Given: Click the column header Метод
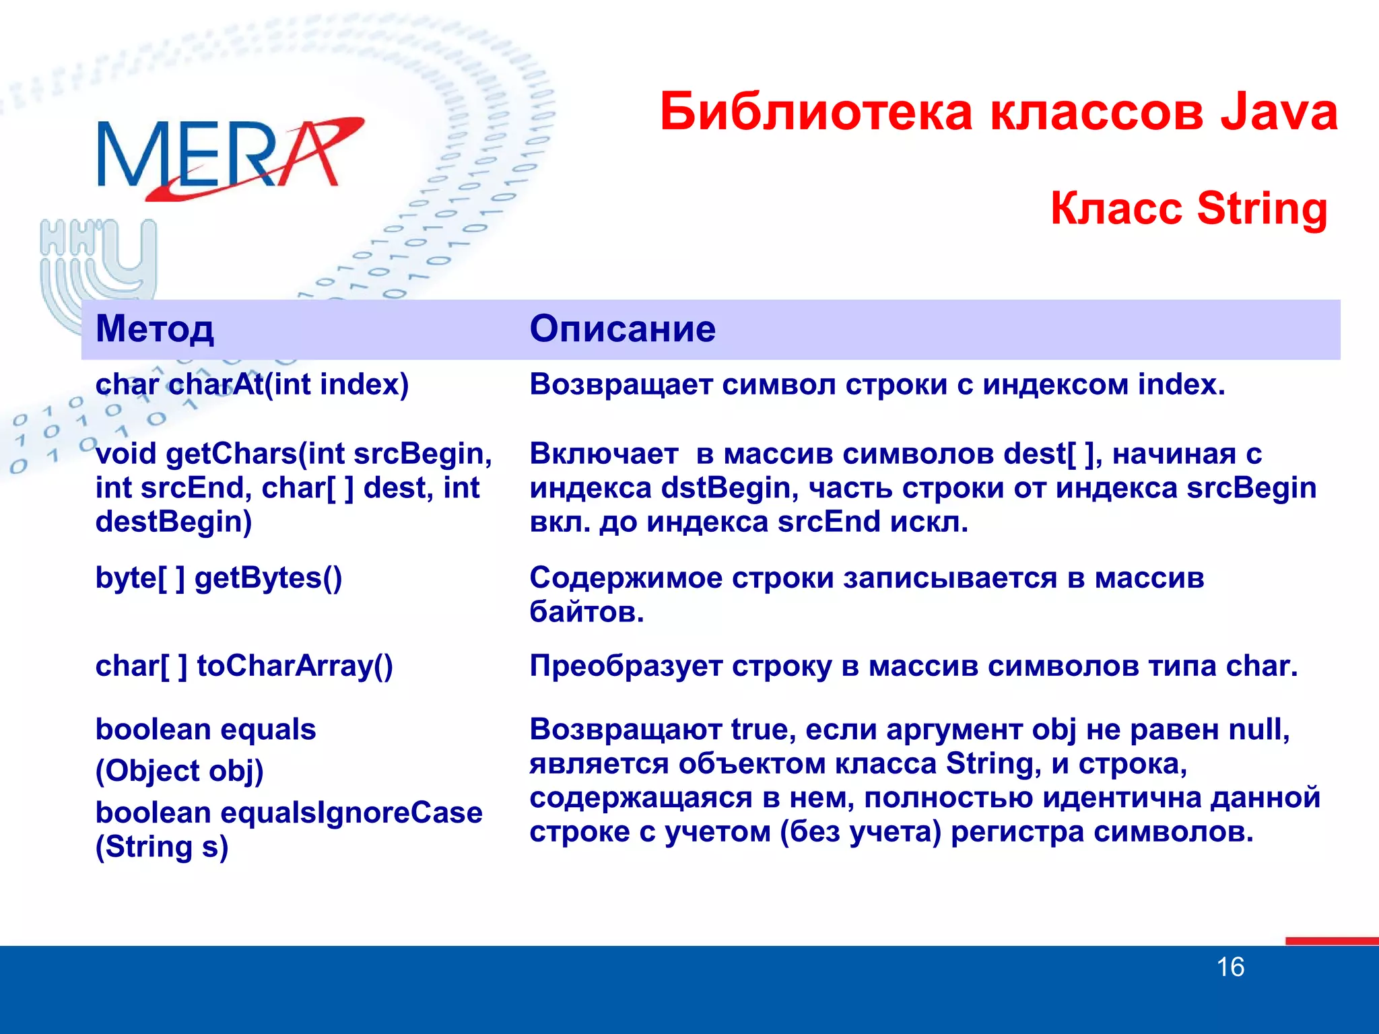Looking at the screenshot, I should tap(155, 329).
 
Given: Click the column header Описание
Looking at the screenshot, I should tap(622, 329).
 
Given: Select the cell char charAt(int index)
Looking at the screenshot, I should tap(252, 385).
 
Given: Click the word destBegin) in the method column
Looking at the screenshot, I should tap(174, 522).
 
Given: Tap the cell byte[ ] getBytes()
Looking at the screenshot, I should tap(219, 578).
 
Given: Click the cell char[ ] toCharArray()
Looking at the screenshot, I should tap(244, 666).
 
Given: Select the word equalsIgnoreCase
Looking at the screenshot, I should tap(351, 813).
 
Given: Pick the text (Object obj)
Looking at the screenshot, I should tap(179, 771).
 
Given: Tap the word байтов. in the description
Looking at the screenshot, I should tap(586, 613).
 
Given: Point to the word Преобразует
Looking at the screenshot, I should tap(626, 666).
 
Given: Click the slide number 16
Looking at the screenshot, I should tap(1230, 967).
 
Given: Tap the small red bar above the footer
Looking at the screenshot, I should tap(1331, 941).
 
